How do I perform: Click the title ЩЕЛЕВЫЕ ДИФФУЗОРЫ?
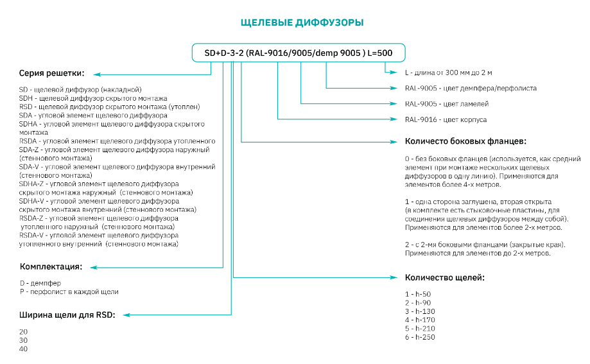pos(302,23)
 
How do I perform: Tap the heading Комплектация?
pos(51,266)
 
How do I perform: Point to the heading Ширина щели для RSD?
pos(68,315)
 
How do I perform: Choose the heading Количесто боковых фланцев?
pos(466,141)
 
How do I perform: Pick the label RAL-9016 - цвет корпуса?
pos(446,119)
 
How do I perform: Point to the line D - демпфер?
pos(40,282)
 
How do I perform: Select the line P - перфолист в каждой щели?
pos(69,291)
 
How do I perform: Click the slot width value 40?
pos(24,349)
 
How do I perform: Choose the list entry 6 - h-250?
pos(420,338)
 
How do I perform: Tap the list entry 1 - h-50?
pos(418,293)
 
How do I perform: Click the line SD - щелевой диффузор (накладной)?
pos(80,89)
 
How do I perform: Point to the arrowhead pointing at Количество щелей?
pos(394,277)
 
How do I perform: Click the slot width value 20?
pos(24,331)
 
